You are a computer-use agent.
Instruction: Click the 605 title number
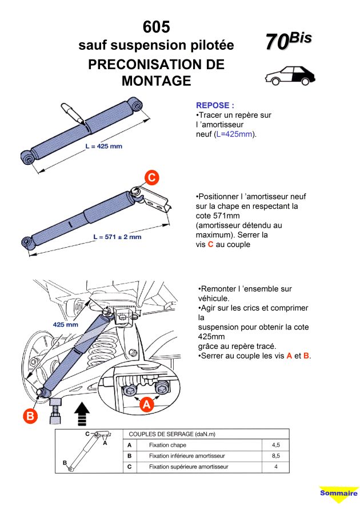tap(156, 27)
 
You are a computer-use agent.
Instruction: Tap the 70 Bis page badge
tap(288, 41)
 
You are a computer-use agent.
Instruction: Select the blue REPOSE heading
tap(215, 105)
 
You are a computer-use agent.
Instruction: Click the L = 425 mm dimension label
tap(103, 146)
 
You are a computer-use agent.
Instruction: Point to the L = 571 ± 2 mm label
tap(117, 236)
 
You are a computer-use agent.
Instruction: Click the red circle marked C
tap(151, 178)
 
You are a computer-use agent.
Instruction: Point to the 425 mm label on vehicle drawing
tap(65, 324)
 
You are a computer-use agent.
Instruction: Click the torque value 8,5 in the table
tap(276, 456)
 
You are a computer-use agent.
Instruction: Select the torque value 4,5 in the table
tap(276, 444)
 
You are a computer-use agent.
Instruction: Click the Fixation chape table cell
tap(167, 444)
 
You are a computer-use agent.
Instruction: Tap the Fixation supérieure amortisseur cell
tap(189, 467)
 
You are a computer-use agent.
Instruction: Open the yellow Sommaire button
tap(338, 493)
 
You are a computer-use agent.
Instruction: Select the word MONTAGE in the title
tap(156, 81)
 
